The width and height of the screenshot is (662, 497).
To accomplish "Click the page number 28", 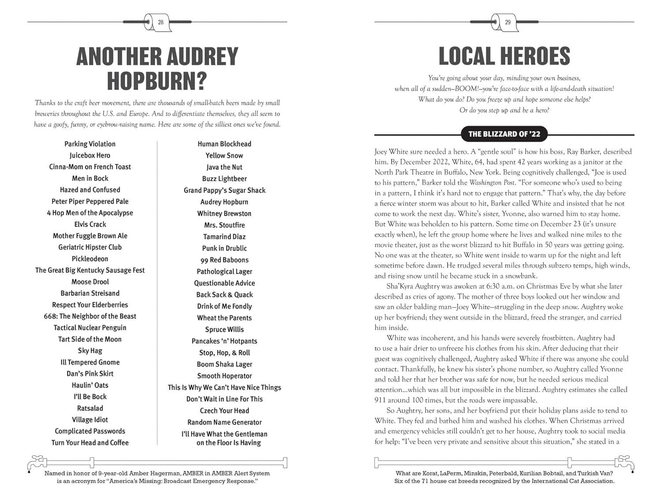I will pos(161,22).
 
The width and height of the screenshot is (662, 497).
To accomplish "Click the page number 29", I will pos(508,22).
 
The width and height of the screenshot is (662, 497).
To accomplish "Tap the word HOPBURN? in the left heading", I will pos(157,81).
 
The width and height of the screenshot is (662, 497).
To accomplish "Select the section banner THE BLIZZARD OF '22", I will pos(504,134).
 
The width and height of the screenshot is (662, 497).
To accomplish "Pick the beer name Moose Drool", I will pos(90,282).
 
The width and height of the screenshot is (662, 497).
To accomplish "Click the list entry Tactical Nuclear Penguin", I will pos(90,328).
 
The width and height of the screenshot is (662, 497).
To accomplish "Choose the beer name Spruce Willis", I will pos(224,330).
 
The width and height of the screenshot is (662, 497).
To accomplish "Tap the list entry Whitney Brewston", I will pos(224,214).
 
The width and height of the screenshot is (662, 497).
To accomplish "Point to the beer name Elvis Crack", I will pos(90,224).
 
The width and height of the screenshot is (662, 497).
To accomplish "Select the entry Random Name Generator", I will pos(224,422).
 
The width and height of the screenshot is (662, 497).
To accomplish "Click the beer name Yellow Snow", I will pos(224,156).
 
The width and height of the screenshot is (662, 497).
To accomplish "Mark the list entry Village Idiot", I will pos(90,420).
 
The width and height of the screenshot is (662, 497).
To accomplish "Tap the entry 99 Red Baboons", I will pos(224,260).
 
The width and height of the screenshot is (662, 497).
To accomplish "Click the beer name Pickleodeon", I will pos(90,259).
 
